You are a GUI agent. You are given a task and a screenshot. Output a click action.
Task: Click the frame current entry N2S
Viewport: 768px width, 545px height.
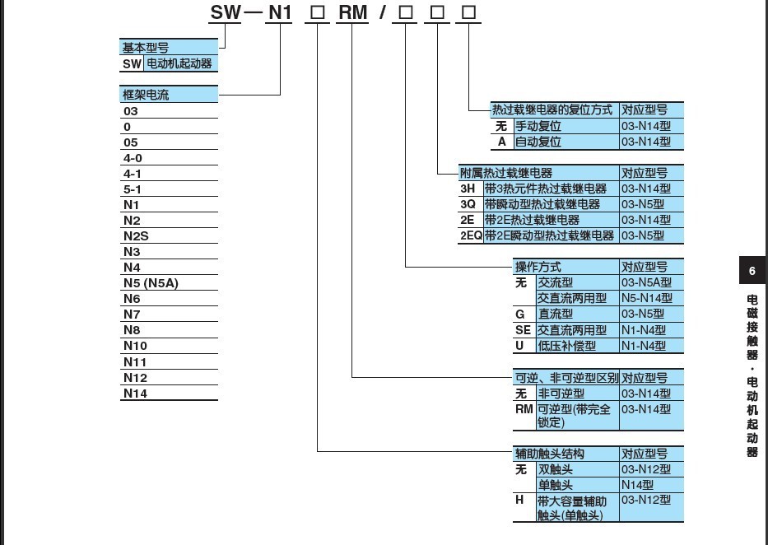[136, 236]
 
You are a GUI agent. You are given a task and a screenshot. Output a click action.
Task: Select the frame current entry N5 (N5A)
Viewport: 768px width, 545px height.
[151, 283]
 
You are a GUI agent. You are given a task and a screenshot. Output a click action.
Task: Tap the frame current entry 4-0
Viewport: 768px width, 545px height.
[133, 158]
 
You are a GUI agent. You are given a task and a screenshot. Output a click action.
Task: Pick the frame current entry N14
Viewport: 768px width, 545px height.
[135, 393]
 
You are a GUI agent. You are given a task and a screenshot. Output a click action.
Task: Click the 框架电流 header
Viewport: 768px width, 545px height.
[146, 95]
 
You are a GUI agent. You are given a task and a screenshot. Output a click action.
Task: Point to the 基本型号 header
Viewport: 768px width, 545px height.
[146, 49]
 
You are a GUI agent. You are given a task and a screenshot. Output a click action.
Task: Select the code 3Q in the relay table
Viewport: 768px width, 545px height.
[468, 204]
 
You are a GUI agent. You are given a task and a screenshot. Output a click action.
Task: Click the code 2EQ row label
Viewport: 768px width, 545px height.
[470, 235]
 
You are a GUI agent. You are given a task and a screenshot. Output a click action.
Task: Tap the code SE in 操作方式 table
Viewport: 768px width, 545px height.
[524, 330]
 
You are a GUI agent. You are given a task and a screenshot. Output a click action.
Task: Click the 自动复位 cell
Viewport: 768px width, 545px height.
[538, 142]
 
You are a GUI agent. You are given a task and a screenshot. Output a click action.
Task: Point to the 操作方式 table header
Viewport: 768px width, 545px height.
[538, 267]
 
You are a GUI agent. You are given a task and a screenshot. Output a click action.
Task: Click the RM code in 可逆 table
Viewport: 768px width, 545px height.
[524, 409]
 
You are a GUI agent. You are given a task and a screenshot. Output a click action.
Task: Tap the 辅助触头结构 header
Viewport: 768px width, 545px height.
[550, 454]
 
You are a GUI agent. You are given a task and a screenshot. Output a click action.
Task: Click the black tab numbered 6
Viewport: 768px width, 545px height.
[752, 271]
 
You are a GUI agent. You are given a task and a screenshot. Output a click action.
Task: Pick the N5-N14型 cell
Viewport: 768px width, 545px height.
[646, 298]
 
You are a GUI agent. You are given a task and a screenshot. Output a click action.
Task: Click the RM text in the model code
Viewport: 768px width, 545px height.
[353, 12]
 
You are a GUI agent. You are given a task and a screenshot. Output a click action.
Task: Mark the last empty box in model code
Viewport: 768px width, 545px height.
[468, 13]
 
